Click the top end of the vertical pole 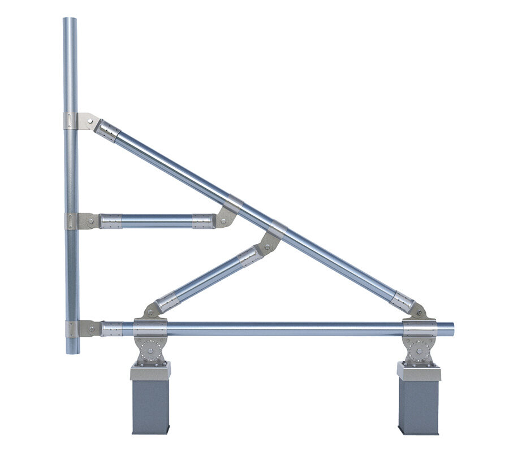70,20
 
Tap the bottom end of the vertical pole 72,351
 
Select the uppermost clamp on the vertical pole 71,121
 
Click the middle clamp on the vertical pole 72,220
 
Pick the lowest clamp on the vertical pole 72,329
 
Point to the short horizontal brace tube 156,221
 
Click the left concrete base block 150,406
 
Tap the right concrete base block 419,406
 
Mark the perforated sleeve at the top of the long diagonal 107,131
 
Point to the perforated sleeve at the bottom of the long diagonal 402,301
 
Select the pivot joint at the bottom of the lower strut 151,310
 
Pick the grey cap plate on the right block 419,372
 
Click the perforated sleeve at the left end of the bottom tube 111,329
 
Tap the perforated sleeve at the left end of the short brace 111,221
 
